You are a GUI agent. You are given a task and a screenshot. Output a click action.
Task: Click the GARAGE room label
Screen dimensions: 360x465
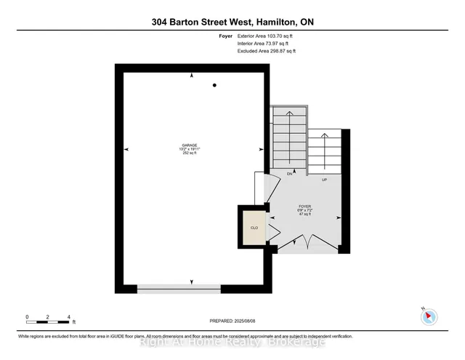(190, 145)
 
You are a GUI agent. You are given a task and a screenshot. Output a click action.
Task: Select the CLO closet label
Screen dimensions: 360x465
(254, 228)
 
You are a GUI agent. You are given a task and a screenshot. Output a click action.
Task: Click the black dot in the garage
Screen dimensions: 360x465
(214, 86)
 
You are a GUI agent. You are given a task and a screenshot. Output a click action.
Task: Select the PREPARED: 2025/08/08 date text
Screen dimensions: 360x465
(232, 321)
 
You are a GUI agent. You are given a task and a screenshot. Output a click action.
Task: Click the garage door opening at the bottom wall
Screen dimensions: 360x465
(179, 289)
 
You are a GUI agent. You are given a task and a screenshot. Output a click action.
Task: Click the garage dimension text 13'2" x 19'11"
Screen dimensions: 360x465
(190, 149)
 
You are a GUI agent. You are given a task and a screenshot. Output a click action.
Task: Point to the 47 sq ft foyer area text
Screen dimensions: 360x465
(304, 215)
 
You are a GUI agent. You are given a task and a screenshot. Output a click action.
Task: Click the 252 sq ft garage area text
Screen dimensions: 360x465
(190, 153)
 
